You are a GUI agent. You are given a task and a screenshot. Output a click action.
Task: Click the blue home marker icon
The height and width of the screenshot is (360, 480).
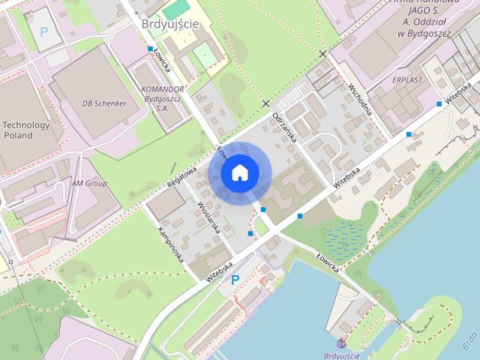pos(239,172)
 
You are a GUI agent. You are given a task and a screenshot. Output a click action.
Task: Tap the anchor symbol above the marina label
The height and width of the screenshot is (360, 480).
pos(341,343)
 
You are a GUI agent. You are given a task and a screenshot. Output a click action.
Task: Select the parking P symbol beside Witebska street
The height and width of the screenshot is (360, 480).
pos(235,280)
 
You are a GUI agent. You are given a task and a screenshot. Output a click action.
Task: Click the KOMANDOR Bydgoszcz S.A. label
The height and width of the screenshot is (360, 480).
pos(162,98)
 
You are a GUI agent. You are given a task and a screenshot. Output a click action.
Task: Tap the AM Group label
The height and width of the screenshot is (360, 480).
pos(89,183)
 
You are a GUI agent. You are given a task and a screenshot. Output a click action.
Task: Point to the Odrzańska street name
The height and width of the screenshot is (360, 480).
pos(285,127)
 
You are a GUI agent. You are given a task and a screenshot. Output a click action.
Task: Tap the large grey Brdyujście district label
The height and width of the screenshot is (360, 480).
pos(170,24)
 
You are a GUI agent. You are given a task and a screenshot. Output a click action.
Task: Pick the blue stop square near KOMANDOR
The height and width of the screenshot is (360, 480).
pos(149,49)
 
